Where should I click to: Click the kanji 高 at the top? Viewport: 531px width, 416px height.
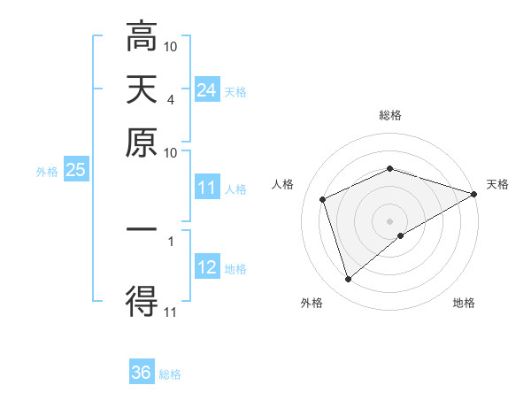142,38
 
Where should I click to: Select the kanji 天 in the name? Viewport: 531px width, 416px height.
142,89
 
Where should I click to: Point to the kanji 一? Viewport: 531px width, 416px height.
142,228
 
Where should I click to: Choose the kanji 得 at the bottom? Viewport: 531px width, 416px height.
142,301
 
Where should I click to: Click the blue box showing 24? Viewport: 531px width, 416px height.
206,89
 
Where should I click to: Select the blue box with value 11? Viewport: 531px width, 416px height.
206,188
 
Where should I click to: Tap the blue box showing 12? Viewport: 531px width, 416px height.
206,267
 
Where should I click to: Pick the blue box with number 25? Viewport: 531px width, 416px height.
75,170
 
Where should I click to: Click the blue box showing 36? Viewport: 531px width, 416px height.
142,373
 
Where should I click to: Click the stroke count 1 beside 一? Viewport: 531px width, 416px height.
170,240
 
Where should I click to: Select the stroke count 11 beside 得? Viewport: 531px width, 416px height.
171,311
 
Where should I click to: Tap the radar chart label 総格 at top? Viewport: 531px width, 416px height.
390,115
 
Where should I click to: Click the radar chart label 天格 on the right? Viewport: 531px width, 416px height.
497,184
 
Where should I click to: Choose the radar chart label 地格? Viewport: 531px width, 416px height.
464,304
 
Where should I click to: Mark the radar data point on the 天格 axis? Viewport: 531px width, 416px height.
475,194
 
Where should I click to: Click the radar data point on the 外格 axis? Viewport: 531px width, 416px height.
348,280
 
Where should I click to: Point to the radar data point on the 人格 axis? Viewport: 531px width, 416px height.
324,199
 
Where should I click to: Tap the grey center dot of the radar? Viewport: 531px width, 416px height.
390,220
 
